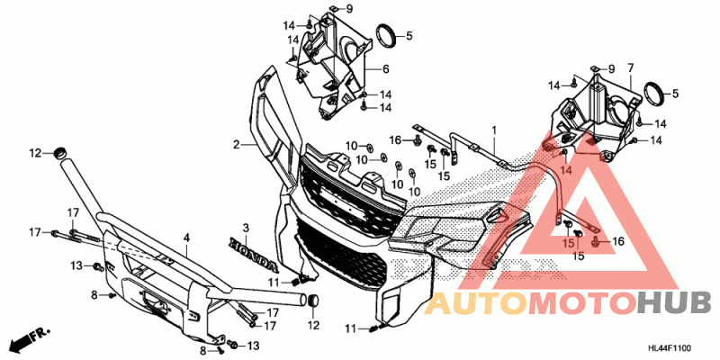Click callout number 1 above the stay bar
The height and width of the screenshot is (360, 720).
pyautogui.click(x=493, y=131)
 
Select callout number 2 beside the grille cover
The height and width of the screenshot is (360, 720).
pyautogui.click(x=236, y=144)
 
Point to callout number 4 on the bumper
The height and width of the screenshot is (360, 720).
pyautogui.click(x=186, y=238)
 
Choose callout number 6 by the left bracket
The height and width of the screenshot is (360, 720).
pyautogui.click(x=384, y=68)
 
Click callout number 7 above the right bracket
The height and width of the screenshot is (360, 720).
pyautogui.click(x=630, y=68)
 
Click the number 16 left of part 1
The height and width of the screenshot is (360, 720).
pyautogui.click(x=394, y=139)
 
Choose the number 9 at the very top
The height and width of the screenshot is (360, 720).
pyautogui.click(x=350, y=9)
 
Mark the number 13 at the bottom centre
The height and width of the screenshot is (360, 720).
pyautogui.click(x=254, y=346)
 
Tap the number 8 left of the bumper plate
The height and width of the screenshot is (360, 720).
pyautogui.click(x=94, y=294)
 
